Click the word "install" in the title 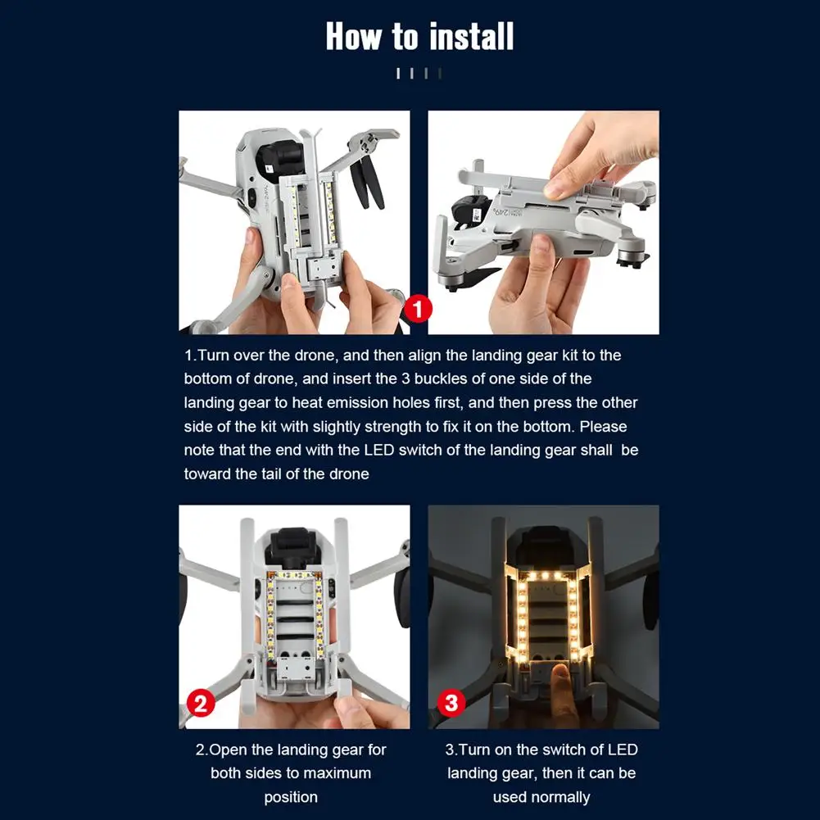472,37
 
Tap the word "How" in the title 354,37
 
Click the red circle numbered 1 417,309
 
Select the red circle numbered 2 201,703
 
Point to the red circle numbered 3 451,702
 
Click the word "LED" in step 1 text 378,451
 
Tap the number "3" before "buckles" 405,378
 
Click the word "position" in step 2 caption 291,798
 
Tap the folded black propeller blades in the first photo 368,182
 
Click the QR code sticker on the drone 477,215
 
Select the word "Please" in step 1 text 603,427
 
